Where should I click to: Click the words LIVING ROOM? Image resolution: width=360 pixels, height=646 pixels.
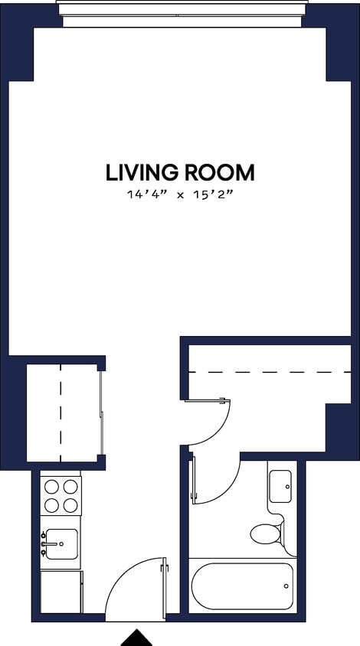(x=180, y=172)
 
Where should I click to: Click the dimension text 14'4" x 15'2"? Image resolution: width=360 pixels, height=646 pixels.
(x=180, y=195)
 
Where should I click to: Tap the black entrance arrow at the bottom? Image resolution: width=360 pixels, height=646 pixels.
(x=137, y=638)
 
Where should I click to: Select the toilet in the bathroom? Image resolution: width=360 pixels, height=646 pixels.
(x=267, y=533)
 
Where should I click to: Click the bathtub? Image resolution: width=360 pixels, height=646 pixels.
(x=242, y=587)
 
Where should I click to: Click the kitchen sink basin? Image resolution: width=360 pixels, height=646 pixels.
(x=60, y=544)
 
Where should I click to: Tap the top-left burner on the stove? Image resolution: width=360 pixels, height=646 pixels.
(x=51, y=486)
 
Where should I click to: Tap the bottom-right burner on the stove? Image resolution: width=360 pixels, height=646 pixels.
(x=70, y=504)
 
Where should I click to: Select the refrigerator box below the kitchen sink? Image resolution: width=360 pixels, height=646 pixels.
(x=61, y=591)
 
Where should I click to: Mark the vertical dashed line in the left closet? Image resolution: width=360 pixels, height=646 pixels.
(x=61, y=413)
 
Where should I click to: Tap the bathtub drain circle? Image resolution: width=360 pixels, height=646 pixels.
(x=286, y=586)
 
